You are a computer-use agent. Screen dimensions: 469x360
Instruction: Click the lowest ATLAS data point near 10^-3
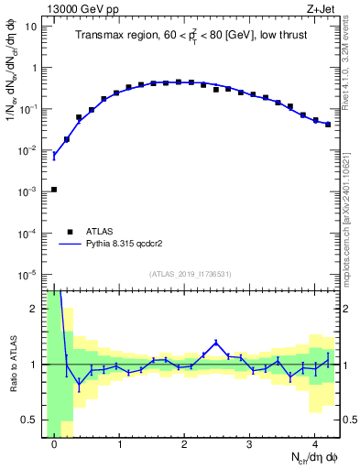[54, 190]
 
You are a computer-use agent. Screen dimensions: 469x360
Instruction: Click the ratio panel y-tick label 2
[36, 309]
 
